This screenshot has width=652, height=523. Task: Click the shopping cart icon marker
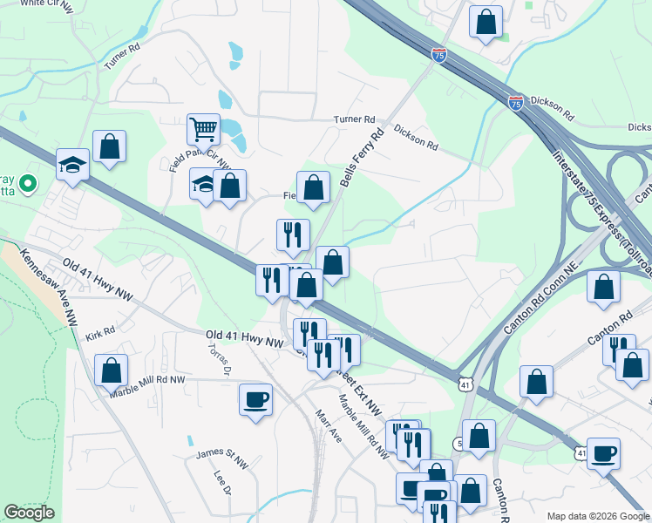203,130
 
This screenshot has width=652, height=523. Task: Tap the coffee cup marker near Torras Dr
255,400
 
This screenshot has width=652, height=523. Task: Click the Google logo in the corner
29,513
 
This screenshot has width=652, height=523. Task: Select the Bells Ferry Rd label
363,160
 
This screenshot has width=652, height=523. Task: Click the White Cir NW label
45,3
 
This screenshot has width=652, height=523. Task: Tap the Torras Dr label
218,357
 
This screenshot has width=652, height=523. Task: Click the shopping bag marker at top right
486,22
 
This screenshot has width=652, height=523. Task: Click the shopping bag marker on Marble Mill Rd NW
111,370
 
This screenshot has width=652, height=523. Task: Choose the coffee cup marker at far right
603,453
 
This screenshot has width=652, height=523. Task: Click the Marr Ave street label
329,425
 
